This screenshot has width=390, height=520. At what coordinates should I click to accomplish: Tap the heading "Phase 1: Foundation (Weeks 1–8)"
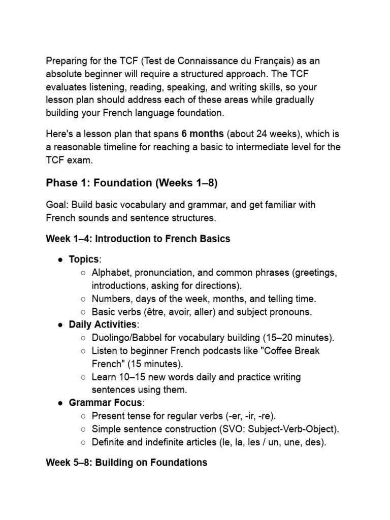(x=127, y=182)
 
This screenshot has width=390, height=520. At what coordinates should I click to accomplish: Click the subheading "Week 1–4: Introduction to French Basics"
(x=138, y=239)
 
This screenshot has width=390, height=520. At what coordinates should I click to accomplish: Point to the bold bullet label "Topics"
(x=84, y=259)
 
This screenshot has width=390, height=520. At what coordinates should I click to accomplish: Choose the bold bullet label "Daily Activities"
(x=103, y=324)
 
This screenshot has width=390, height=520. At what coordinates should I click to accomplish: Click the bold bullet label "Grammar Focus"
(x=107, y=403)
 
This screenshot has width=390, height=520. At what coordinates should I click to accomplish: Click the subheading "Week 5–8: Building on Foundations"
(x=126, y=463)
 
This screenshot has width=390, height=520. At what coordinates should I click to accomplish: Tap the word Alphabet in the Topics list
(x=110, y=273)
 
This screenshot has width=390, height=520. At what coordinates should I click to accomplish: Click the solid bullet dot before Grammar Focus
(x=60, y=403)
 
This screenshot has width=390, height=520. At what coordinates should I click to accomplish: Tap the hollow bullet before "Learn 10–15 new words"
(x=83, y=377)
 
